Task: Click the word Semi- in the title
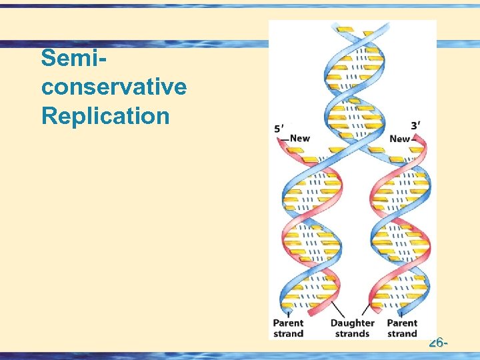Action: coord(75,59)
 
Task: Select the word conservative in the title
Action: coord(113,87)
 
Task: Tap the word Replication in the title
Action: coord(105,115)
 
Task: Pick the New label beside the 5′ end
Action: coord(300,138)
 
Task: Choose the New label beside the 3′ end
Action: coord(399,139)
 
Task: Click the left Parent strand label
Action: coord(288,328)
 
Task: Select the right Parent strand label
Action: coord(402,328)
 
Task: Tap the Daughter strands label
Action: coord(353,328)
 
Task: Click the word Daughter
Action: coord(353,323)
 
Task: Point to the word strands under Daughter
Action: coord(353,333)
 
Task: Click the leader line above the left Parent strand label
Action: coord(287,313)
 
